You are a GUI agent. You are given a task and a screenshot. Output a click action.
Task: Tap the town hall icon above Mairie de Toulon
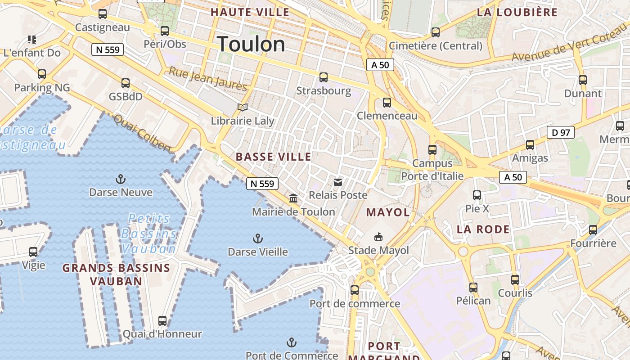[x=293, y=198]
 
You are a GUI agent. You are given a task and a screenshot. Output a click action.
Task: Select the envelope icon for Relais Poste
[x=337, y=182]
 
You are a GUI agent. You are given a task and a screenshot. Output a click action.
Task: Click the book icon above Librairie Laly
[x=243, y=107]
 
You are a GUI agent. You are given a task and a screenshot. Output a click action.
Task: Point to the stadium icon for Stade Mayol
[x=378, y=237]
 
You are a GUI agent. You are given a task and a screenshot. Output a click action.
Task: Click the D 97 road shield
[x=561, y=132]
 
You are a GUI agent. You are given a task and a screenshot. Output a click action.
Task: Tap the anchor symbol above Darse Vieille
[x=258, y=238]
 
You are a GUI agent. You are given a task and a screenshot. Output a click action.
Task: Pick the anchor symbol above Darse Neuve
[x=120, y=179]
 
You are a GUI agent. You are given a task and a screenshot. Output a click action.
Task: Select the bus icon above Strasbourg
[x=323, y=77]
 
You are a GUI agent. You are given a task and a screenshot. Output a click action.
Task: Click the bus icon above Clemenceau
[x=387, y=102]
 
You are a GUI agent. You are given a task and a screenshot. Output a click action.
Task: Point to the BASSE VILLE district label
[x=274, y=157]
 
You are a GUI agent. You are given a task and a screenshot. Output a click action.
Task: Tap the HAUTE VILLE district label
[x=250, y=12]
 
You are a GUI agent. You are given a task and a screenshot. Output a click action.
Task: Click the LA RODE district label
[x=483, y=229]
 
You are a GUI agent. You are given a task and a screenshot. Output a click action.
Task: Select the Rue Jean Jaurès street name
[x=208, y=79]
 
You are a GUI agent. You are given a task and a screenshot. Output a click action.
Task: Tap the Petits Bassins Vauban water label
[x=148, y=234]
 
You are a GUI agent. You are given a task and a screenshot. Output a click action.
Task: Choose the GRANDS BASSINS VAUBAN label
[x=116, y=274]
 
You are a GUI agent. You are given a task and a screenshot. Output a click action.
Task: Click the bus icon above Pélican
[x=473, y=287]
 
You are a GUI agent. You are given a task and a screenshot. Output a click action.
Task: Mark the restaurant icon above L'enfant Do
[x=31, y=40]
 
